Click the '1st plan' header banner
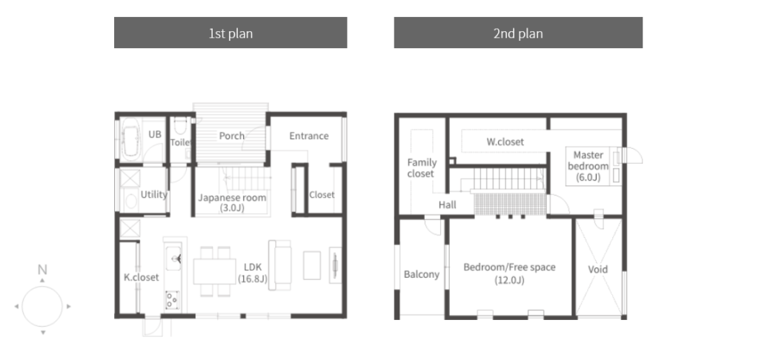231,33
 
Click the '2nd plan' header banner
518,33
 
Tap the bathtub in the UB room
130,139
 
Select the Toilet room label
181,142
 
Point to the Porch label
232,136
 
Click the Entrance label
309,136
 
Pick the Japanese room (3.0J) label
232,203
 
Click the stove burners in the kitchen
172,299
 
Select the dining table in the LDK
214,271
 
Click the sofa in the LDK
279,265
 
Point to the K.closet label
142,277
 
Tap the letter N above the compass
42,270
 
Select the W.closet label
505,142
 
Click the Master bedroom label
588,166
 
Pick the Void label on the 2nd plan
598,270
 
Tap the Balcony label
422,274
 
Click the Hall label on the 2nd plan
447,204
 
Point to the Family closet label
422,168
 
